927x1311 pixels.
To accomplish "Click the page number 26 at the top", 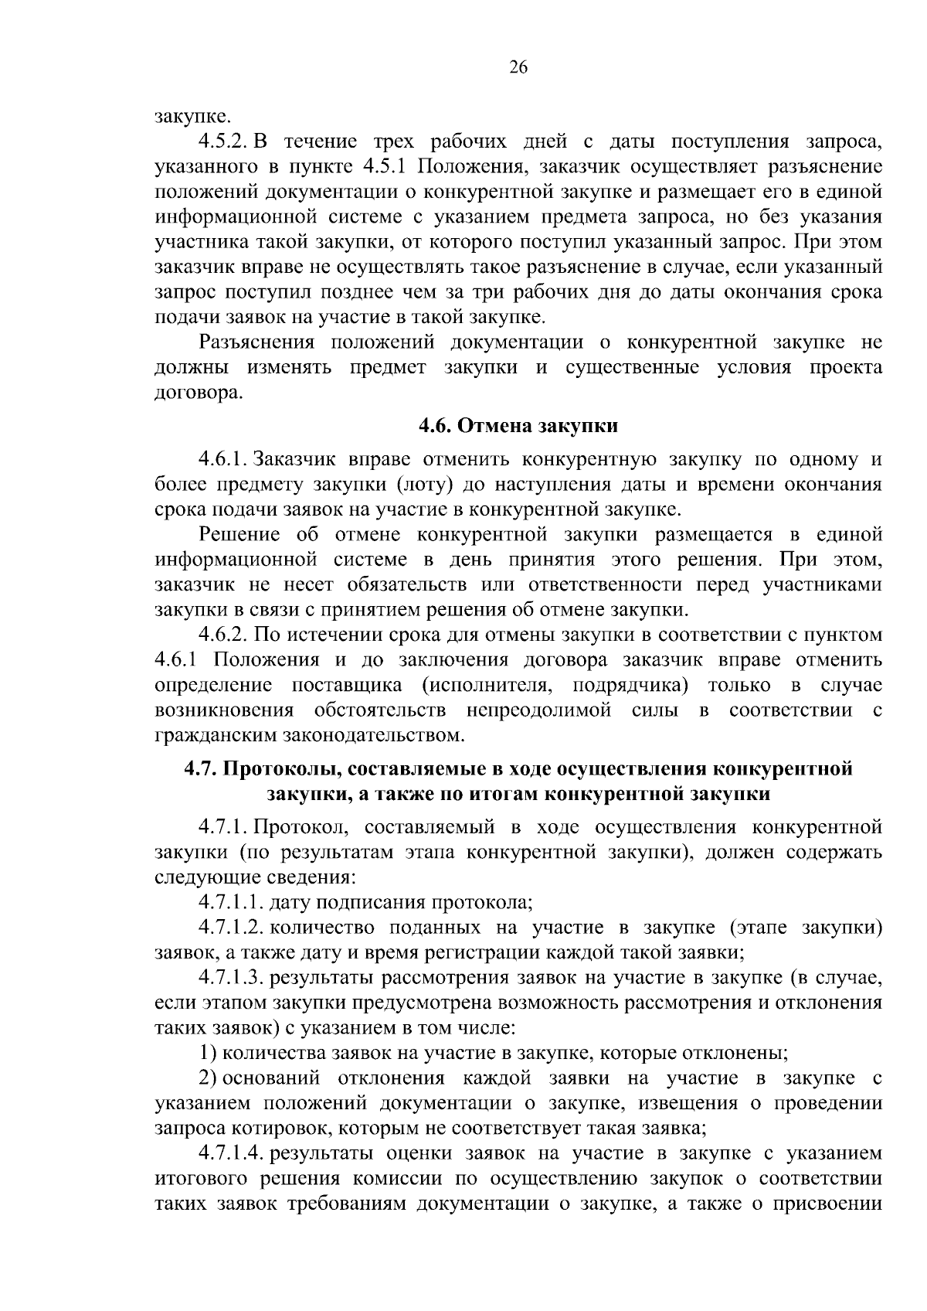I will pyautogui.click(x=518, y=67).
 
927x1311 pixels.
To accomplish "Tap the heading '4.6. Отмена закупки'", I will pyautogui.click(x=518, y=426).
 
